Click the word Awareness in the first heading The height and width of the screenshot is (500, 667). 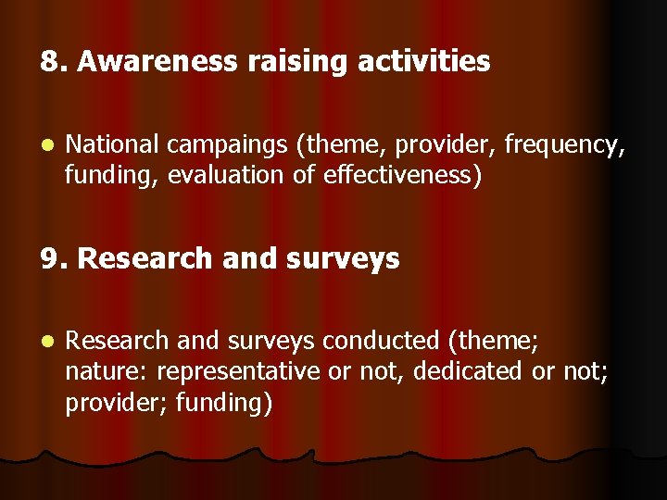click(157, 62)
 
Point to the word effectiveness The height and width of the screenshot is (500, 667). click(402, 176)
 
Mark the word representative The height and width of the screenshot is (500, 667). click(239, 372)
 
